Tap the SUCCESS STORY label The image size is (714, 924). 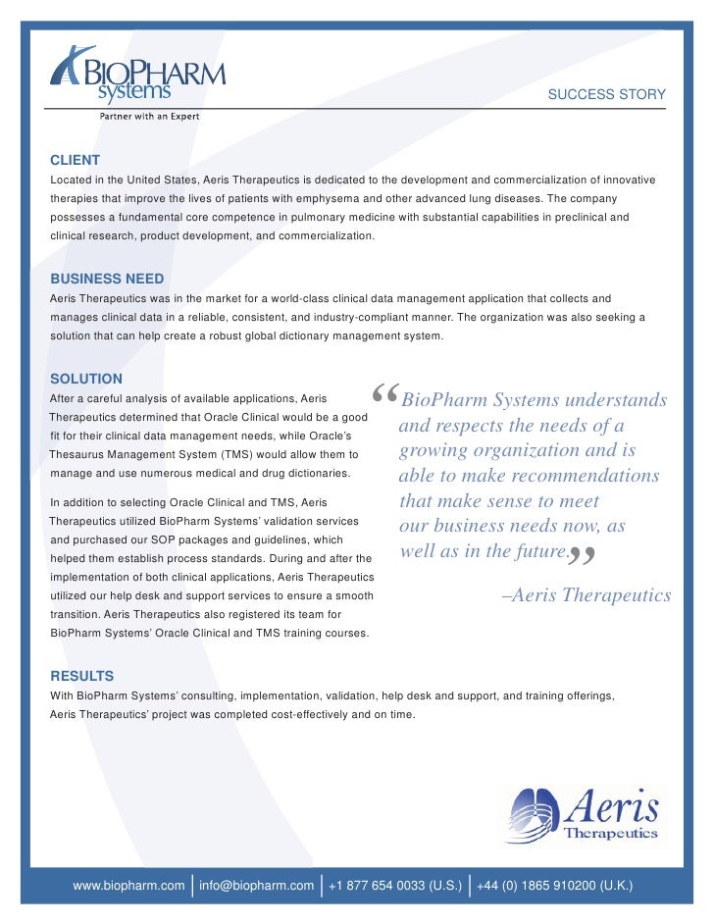point(606,94)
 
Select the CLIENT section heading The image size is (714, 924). point(75,160)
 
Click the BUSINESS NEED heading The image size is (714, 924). point(107,279)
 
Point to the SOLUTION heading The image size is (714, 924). point(86,379)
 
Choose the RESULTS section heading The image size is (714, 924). point(82,676)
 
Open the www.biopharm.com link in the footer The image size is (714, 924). point(128,886)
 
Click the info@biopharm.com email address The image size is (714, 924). point(256,886)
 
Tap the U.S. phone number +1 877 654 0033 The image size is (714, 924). point(395,886)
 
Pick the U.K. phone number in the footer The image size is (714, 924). point(555,886)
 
